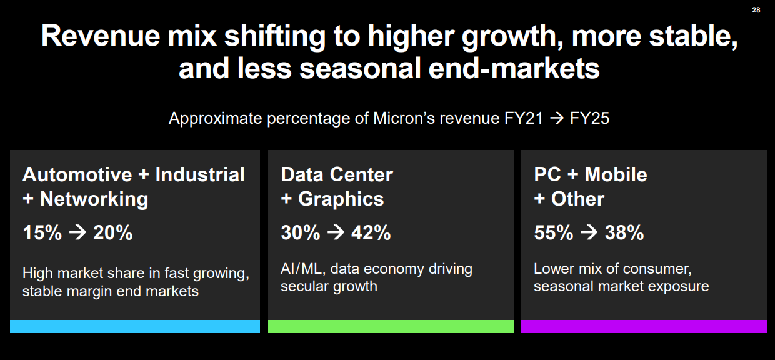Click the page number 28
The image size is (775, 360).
click(x=756, y=9)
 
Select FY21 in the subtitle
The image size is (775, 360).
click(x=524, y=118)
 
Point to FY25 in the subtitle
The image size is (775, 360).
click(x=589, y=118)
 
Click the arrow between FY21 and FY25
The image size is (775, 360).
click(x=556, y=118)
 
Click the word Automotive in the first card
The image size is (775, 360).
click(x=77, y=174)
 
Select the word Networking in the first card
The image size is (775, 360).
click(x=94, y=199)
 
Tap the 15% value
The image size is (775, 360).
click(x=42, y=233)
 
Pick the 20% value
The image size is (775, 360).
click(x=113, y=233)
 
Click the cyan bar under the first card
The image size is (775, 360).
click(x=134, y=326)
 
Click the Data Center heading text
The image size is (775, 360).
click(x=337, y=174)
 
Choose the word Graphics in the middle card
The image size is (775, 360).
click(x=341, y=199)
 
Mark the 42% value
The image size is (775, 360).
click(x=371, y=233)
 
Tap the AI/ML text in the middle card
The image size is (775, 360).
click(x=302, y=269)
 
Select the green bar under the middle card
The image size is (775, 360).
click(x=391, y=326)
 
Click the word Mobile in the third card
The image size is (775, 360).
click(x=616, y=174)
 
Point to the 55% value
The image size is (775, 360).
click(x=554, y=233)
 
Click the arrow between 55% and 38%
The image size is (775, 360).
click(x=589, y=233)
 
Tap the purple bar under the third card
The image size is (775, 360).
click(x=644, y=326)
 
